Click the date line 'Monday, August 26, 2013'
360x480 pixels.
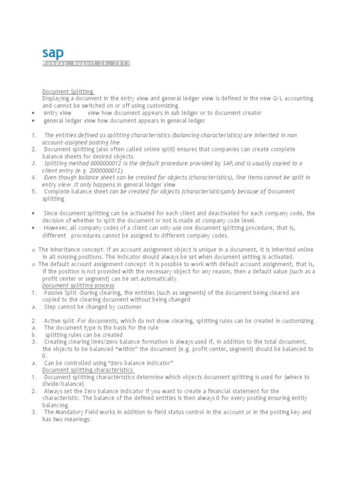click(x=86, y=63)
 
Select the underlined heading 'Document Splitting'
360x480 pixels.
click(x=68, y=91)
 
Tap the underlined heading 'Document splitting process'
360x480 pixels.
click(x=78, y=285)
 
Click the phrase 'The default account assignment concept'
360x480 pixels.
click(x=89, y=264)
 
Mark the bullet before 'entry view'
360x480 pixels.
click(x=33, y=113)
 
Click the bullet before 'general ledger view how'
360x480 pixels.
click(x=33, y=121)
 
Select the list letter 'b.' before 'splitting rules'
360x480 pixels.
click(x=34, y=335)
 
